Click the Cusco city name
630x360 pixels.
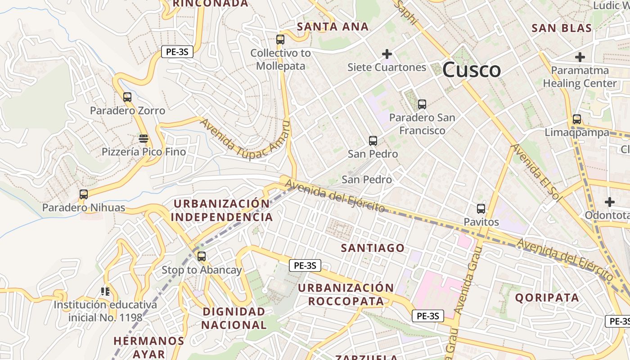click(x=471, y=70)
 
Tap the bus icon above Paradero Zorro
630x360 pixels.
click(x=127, y=97)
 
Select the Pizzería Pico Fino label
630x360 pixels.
click(x=144, y=152)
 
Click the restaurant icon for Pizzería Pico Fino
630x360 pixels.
click(x=144, y=138)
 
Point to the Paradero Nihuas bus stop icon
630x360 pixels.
click(x=84, y=194)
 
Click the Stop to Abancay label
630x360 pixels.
click(x=202, y=270)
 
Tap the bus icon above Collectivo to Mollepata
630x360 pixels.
click(x=280, y=40)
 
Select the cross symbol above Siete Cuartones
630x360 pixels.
click(x=387, y=54)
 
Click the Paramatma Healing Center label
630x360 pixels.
click(x=580, y=77)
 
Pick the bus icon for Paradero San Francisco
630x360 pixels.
click(x=422, y=104)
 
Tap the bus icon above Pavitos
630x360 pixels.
click(x=481, y=209)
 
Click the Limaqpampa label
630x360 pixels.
click(x=576, y=133)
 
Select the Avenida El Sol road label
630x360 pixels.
click(x=535, y=172)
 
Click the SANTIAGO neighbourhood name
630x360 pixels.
click(x=373, y=248)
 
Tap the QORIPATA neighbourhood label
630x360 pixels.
click(x=547, y=297)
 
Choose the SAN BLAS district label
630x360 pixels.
click(x=562, y=28)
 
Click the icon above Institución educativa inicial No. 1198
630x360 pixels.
click(x=105, y=292)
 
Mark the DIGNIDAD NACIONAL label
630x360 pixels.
click(x=234, y=318)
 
